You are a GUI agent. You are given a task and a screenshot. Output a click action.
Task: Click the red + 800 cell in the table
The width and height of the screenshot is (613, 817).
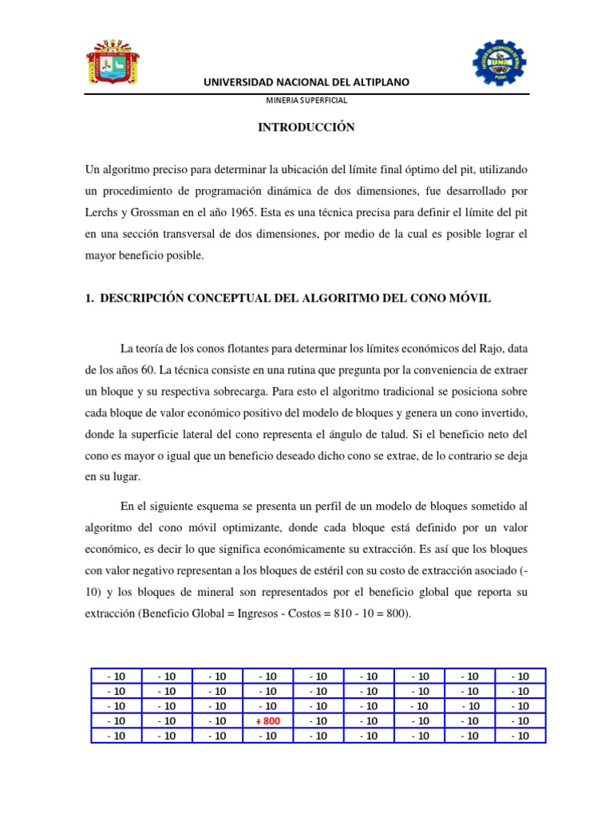coord(268,721)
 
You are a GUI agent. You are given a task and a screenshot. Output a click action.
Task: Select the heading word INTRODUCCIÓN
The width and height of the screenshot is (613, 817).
coord(306,128)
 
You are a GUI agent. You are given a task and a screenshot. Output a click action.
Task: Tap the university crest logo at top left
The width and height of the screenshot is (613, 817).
coord(113,64)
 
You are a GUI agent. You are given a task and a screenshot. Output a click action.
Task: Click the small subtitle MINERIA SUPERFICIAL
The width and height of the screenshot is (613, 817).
coord(306,101)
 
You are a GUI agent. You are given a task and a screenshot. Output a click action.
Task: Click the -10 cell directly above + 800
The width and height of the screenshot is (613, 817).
coord(268,706)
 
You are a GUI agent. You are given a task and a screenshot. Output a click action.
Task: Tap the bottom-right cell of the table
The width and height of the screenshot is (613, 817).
coord(519,736)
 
